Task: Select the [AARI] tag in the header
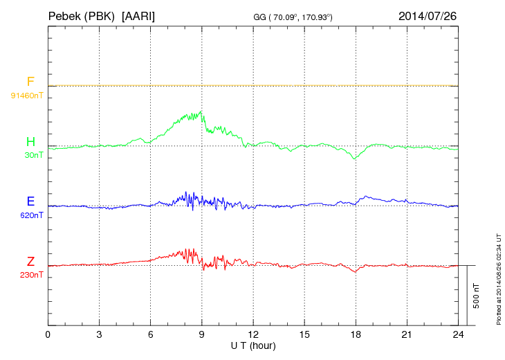[138, 15]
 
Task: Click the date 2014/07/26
[428, 15]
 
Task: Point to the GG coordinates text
[294, 17]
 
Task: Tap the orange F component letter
[30, 82]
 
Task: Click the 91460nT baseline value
[27, 95]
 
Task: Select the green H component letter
[30, 143]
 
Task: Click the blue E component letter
[30, 202]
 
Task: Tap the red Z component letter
[30, 262]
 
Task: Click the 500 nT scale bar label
[476, 296]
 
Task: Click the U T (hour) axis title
[253, 345]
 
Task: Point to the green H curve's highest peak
[201, 111]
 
